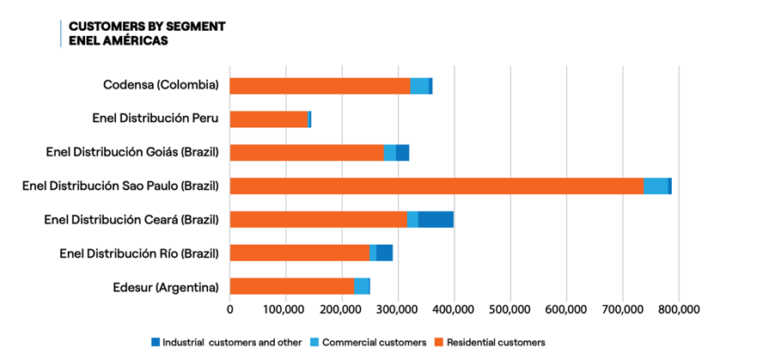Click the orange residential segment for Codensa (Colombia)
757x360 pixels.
point(320,86)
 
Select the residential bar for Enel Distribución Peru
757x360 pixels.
point(268,119)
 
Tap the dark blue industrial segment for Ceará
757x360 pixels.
point(436,219)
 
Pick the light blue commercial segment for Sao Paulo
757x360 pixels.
point(656,186)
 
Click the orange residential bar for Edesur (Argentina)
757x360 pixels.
point(292,286)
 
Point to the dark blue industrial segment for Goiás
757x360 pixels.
point(402,152)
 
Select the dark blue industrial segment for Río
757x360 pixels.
point(384,253)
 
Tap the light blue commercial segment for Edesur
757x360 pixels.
point(362,286)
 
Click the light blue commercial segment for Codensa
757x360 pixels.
point(419,86)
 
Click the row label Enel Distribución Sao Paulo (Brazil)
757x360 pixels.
point(120,186)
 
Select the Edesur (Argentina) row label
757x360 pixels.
point(165,286)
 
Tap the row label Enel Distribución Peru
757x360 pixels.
point(156,119)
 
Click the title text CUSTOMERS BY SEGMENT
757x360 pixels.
point(147,26)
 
